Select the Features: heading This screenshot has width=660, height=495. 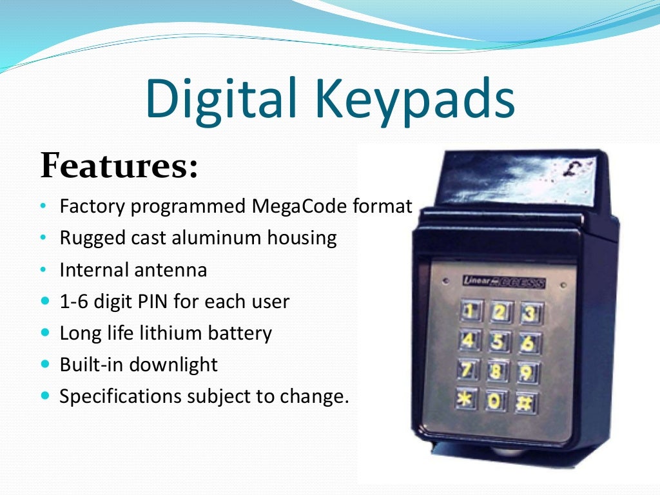119,166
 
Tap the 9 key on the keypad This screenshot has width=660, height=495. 527,372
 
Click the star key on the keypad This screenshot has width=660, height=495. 467,399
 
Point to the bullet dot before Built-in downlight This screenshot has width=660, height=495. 44,365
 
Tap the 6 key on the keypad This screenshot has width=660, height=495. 528,343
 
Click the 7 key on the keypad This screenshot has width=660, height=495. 469,369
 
